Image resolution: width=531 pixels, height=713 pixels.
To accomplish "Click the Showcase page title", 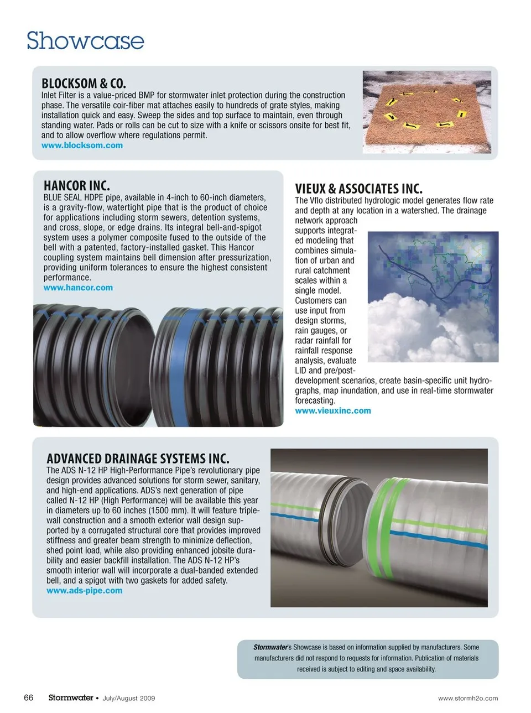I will point(85,41).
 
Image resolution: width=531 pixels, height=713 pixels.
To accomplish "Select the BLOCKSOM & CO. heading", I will point(84,84).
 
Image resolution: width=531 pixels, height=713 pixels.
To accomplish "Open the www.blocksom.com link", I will point(82,145).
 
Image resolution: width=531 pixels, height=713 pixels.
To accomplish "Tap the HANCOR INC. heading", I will point(76,186).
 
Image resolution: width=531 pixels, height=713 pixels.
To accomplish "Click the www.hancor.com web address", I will point(78,288).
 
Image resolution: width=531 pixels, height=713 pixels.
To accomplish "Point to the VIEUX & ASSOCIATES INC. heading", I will point(358,189).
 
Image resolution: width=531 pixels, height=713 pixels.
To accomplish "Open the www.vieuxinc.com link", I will point(333,411).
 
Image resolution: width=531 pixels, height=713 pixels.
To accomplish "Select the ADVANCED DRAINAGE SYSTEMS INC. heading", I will point(138,459).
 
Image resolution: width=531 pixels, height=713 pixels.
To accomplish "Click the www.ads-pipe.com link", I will point(85,591).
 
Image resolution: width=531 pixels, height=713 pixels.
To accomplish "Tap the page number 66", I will point(29,698).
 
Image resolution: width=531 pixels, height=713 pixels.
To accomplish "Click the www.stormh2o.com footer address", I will point(468,699).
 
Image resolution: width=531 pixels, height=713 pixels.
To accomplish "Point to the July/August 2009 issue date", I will point(129,699).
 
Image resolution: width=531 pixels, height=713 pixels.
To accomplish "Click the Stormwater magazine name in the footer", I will point(70,698).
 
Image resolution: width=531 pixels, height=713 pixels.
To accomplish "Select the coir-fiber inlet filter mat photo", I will point(426,112).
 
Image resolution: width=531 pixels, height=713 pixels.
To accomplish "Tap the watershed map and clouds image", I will point(433,296).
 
